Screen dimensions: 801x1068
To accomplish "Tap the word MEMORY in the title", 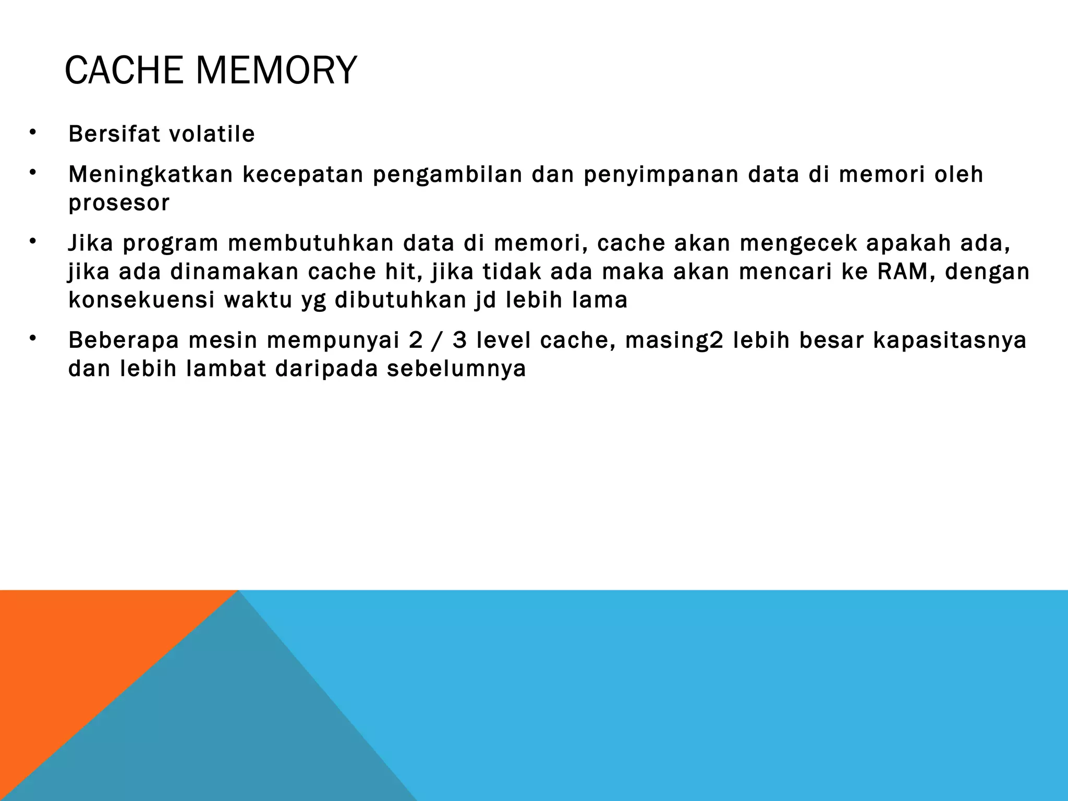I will click(276, 70).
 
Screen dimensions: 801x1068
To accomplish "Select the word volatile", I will click(212, 134).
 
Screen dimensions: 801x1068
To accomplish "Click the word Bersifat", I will click(114, 134).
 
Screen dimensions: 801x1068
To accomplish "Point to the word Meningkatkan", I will click(151, 175).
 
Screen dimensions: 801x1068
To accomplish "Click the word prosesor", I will click(119, 203).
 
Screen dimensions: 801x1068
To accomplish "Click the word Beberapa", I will click(124, 341).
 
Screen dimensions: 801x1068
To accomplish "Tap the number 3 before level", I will click(459, 341).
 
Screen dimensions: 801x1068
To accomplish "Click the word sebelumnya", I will click(456, 369).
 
